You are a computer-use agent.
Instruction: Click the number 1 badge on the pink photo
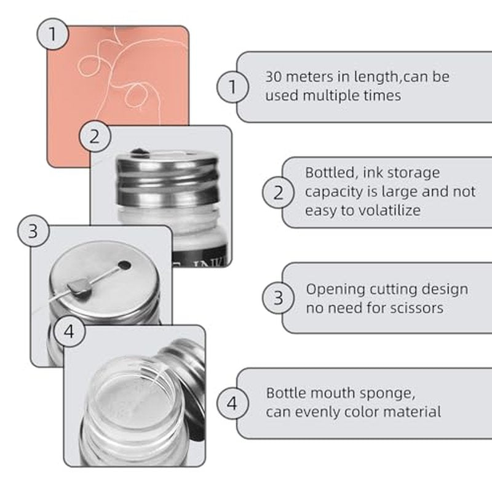(x=52, y=34)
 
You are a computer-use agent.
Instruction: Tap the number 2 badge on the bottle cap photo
(x=95, y=137)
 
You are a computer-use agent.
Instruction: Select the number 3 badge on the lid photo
(x=33, y=231)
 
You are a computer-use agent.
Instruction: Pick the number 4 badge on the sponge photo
(x=69, y=331)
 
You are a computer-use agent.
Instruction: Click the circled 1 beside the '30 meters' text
(x=232, y=87)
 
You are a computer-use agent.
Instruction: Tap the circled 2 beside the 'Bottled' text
(x=279, y=192)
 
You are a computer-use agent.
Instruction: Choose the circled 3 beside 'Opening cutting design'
(x=279, y=298)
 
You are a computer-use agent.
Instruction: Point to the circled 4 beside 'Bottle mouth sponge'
(x=232, y=403)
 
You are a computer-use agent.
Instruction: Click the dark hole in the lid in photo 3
(x=125, y=265)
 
